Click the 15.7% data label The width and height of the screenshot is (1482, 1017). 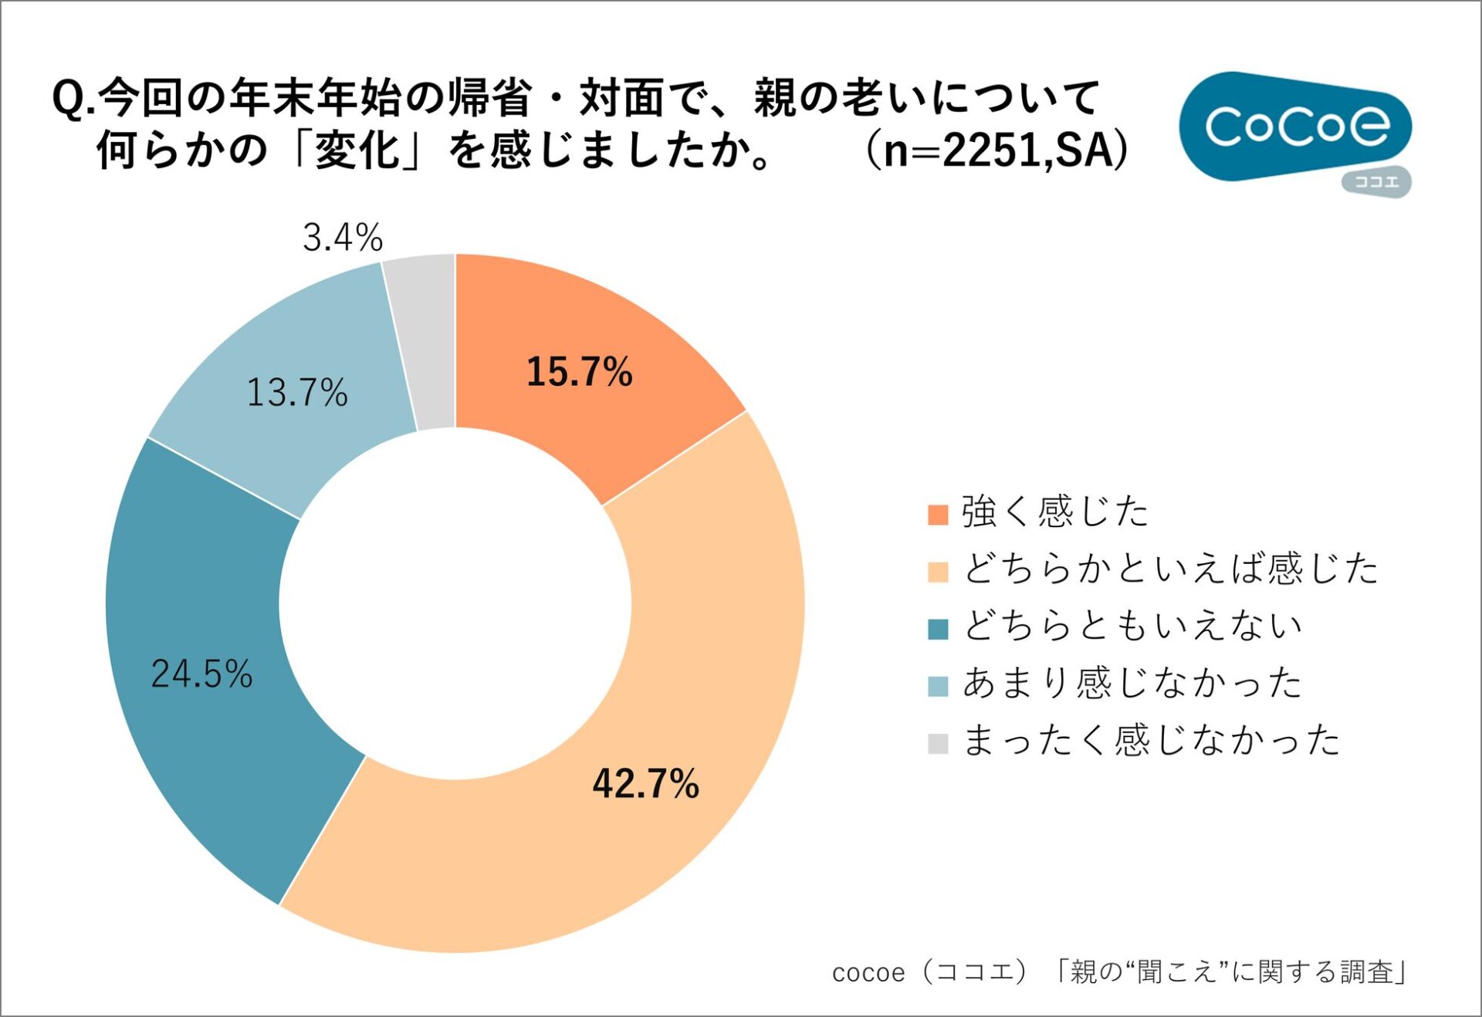tap(579, 371)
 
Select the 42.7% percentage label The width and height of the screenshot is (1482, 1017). tap(645, 783)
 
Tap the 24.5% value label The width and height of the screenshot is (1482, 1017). tap(201, 674)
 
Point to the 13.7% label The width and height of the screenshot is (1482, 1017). tap(297, 392)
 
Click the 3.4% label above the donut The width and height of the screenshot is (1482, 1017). tap(343, 237)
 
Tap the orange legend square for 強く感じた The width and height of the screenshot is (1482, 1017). tap(937, 515)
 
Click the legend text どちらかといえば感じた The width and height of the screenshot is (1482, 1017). tap(1170, 569)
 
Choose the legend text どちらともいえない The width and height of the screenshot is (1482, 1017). tap(1132, 626)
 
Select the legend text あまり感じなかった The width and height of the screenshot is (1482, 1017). tap(1132, 683)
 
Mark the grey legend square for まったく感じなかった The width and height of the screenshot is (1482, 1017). tap(937, 743)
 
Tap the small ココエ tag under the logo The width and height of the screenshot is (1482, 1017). tap(1376, 182)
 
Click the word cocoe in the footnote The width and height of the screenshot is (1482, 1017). tap(868, 973)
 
